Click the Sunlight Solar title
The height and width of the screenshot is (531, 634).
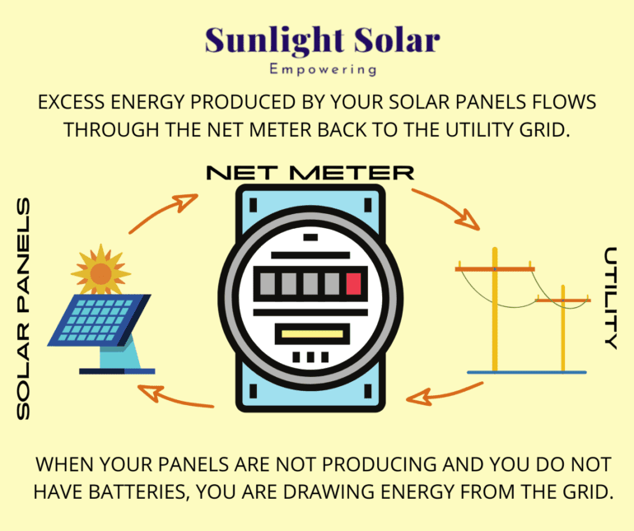pos(322,41)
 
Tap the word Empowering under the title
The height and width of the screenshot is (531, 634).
pos(323,69)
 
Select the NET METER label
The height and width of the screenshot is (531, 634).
pos(310,173)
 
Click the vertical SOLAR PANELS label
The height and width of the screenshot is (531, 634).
pos(23,308)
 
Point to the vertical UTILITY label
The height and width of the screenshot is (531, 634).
pos(611,298)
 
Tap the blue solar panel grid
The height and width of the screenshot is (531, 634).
pos(99,320)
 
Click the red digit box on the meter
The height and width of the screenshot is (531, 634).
pos(353,283)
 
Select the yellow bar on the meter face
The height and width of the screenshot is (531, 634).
pos(312,334)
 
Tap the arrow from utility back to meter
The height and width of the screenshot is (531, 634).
pos(444,394)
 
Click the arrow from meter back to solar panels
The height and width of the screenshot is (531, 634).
pos(175,398)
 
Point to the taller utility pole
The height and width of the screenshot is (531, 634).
pos(495,310)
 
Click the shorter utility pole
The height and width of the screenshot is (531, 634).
pos(563,328)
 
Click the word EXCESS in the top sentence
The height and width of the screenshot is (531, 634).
pos(71,102)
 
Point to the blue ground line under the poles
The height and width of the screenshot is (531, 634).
pos(527,372)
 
